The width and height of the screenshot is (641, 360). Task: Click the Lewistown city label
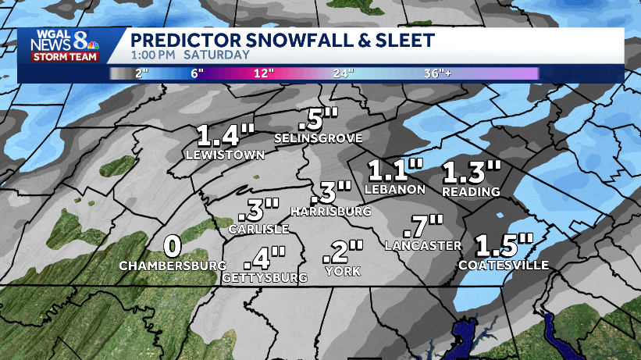pos(226,155)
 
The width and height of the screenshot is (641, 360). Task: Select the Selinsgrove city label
pos(318,138)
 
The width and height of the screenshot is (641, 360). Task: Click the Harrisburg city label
pos(329,212)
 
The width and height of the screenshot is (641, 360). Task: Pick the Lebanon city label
pos(395,189)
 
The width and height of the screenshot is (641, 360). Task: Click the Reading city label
pos(471,191)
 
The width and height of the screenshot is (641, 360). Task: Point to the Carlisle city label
pos(258,230)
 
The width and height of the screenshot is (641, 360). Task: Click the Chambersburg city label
pos(173,266)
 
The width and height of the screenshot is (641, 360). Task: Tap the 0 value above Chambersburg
pos(173,246)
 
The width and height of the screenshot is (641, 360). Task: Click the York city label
pos(344,271)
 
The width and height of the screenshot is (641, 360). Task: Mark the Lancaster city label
pos(423,246)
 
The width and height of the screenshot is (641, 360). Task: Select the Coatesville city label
pos(504,266)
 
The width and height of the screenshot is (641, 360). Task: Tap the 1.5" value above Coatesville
pos(505,244)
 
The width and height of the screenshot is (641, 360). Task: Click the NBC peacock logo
pos(91,44)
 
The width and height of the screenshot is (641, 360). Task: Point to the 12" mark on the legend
pos(263,73)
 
